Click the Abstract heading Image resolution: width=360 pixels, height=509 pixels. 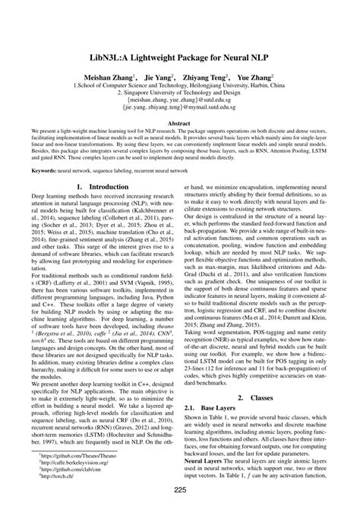(x=179, y=122)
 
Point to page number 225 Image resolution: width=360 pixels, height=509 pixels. (x=180, y=490)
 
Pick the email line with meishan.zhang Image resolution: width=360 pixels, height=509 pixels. (x=179, y=99)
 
